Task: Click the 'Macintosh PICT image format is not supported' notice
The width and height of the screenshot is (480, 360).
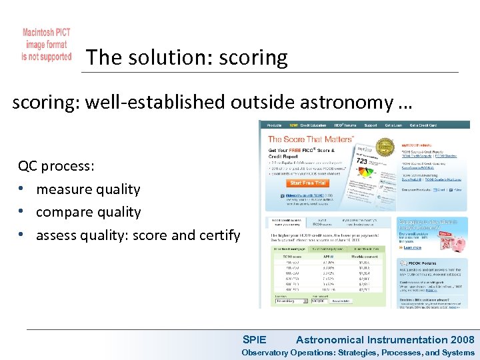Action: click(46, 45)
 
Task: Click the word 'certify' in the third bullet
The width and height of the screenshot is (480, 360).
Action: click(218, 235)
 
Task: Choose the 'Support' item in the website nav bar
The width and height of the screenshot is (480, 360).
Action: click(371, 125)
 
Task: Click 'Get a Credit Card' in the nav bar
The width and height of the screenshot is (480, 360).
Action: click(423, 125)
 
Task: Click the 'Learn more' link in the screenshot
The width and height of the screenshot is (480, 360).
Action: click(411, 247)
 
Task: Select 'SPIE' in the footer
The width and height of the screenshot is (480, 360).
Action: click(254, 340)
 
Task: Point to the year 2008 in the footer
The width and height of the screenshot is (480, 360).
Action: click(462, 340)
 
